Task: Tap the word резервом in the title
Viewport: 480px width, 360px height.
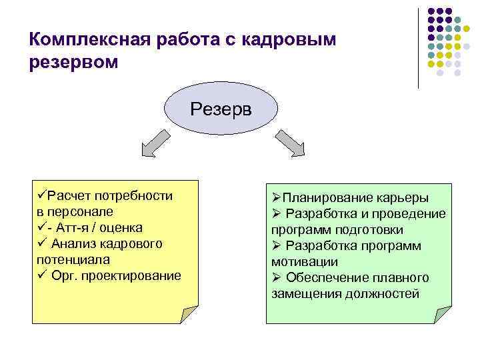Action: tap(73, 63)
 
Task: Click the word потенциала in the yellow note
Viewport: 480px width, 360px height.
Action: tap(73, 259)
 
